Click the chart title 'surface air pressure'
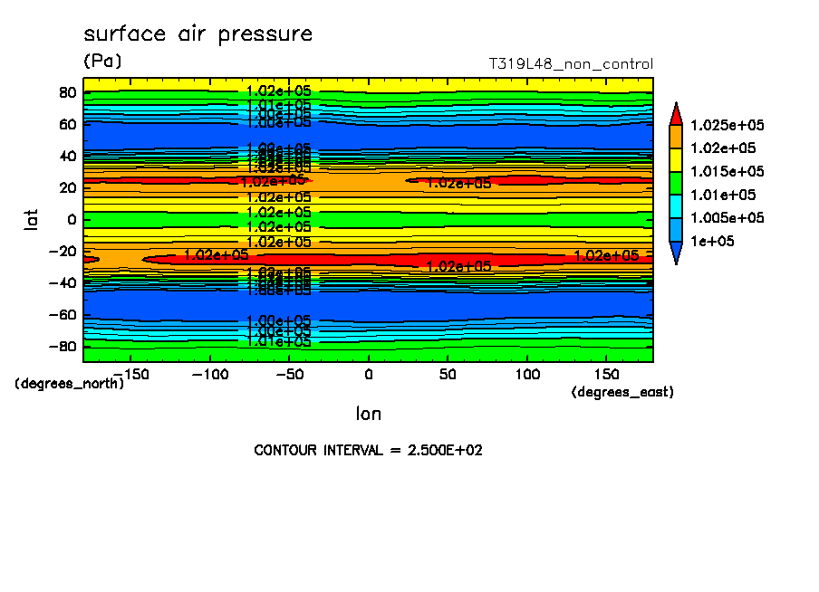point(198,34)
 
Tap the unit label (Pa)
point(102,61)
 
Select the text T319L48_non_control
point(570,64)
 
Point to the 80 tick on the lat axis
point(66,91)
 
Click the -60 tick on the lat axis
point(63,315)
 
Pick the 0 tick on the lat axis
point(70,219)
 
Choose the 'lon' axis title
point(368,414)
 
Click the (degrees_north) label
point(70,384)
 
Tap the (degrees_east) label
point(622,392)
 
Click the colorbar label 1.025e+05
point(727,125)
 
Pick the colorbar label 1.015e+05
point(727,172)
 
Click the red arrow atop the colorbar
point(676,114)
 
